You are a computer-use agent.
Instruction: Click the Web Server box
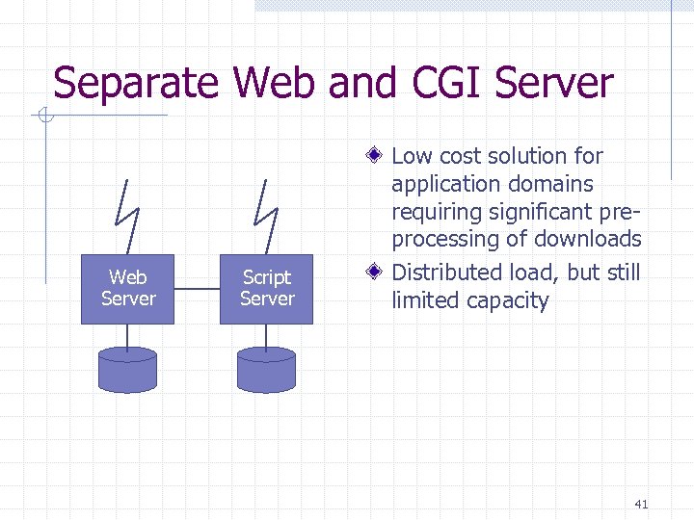[x=127, y=289]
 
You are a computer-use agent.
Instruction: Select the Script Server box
[x=266, y=289]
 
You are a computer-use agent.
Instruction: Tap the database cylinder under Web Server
[x=127, y=370]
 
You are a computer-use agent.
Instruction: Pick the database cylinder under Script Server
[x=266, y=370]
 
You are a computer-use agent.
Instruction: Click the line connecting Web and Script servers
[x=197, y=288]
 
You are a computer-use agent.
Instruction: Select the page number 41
[x=643, y=504]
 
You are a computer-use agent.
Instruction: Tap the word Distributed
[x=448, y=273]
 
